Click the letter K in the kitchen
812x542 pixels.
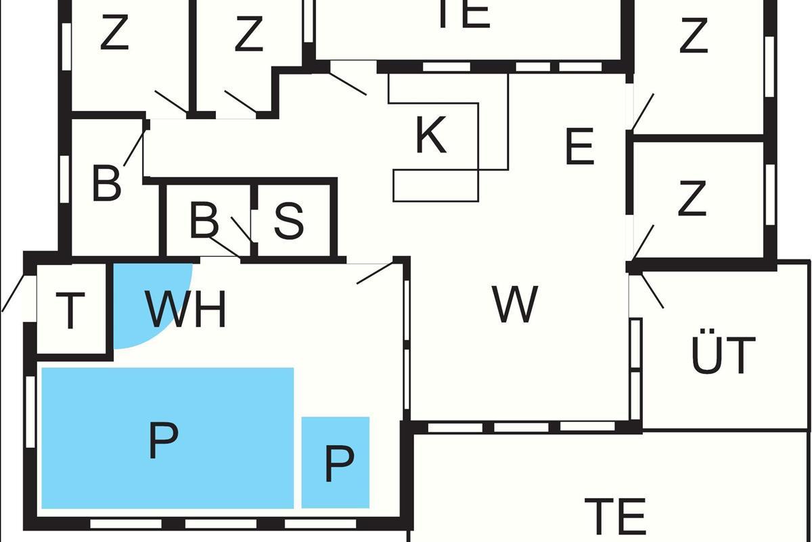[x=430, y=135]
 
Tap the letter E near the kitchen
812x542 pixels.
[x=580, y=146]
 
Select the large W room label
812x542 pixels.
[x=515, y=304]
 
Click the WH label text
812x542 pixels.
[x=185, y=309]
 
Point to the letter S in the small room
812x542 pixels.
[x=288, y=221]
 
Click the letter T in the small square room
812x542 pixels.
[x=70, y=311]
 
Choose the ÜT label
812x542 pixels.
[x=723, y=351]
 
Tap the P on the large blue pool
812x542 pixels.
[x=163, y=441]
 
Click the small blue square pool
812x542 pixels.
[x=336, y=463]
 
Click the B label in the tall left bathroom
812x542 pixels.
[x=106, y=183]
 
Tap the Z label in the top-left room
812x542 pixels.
[x=114, y=32]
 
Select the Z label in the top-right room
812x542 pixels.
[x=694, y=35]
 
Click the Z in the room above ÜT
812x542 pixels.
[x=692, y=198]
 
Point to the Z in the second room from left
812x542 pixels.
[x=249, y=33]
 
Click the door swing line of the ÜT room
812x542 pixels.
[x=652, y=291]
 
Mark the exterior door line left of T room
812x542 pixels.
[x=14, y=293]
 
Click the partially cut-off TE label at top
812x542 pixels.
[x=465, y=14]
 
